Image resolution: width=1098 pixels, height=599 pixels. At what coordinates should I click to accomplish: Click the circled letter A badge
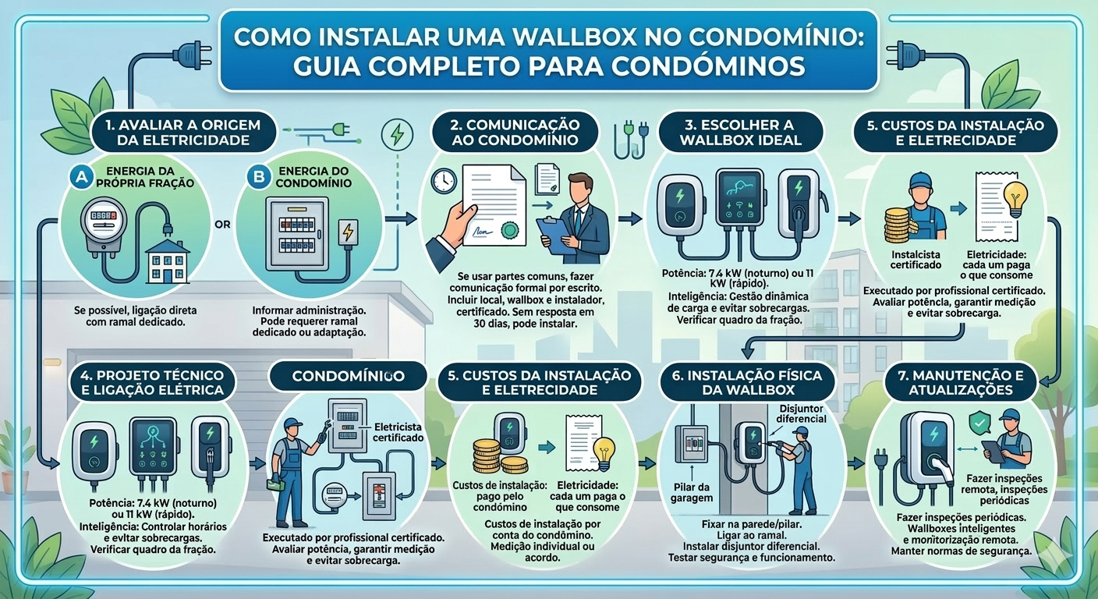point(81,177)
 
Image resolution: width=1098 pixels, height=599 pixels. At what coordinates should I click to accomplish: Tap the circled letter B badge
point(258,177)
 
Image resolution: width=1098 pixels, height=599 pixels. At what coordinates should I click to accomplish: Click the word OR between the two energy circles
point(222,225)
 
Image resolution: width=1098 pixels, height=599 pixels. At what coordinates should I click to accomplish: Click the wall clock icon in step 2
point(443,180)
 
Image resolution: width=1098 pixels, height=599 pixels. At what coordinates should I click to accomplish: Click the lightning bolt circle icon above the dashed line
point(397,135)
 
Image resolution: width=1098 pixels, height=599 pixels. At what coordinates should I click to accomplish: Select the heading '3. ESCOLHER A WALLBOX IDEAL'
point(740,133)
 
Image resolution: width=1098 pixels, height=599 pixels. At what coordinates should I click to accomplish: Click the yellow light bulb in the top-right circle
point(1015,200)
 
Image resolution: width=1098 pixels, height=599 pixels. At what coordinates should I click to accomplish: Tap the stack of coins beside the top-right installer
point(897,225)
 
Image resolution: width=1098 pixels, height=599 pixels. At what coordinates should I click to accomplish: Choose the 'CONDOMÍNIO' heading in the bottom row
point(348,376)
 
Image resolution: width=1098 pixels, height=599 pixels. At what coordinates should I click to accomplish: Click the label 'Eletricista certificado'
point(398,432)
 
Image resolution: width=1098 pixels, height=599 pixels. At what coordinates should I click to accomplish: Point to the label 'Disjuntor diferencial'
point(801,413)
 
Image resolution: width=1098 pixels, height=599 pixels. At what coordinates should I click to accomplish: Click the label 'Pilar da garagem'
point(692,493)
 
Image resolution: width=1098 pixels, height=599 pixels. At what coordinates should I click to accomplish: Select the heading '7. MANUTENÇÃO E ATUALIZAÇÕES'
point(961,382)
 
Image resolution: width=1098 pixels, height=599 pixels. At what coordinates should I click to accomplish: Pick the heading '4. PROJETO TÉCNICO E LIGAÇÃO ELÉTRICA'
point(152,382)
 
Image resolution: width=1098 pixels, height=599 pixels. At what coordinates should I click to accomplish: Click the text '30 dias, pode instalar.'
point(525,324)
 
